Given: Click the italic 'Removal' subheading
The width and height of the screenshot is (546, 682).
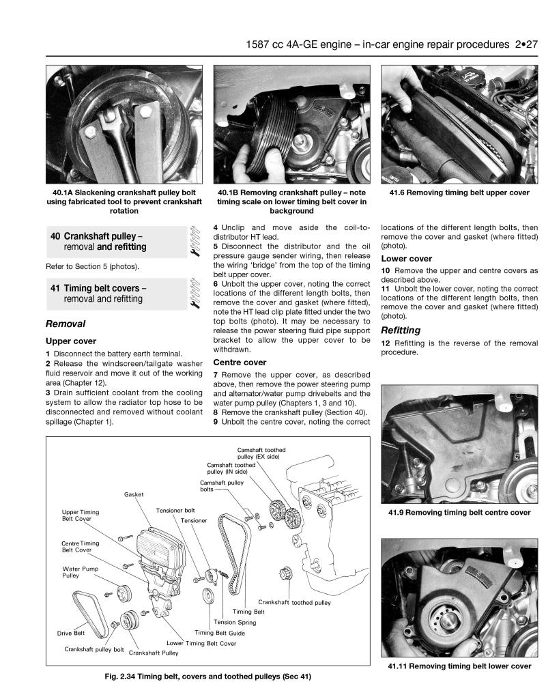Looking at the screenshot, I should click(x=65, y=324).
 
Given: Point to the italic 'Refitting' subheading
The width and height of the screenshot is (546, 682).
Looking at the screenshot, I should click(x=401, y=330).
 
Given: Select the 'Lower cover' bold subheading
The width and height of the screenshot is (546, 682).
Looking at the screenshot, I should click(x=406, y=259).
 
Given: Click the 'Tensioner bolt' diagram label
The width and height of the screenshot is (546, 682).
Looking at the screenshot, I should click(x=175, y=510).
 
